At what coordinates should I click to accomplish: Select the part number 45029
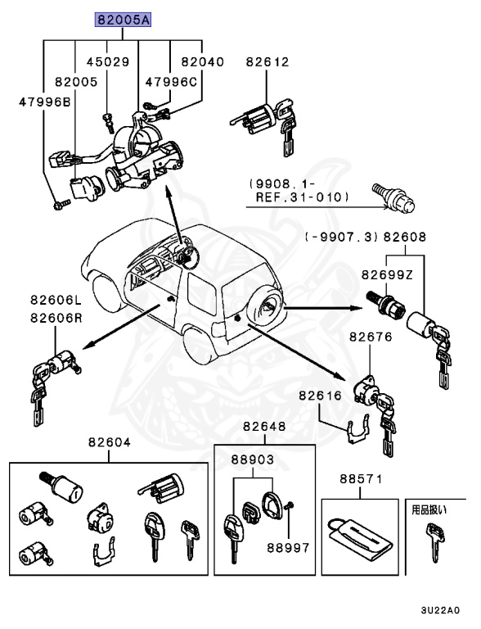[108, 61]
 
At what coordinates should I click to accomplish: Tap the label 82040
[202, 61]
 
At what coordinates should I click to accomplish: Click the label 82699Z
[389, 277]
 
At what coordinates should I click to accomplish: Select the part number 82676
[371, 337]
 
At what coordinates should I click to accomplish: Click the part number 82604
[109, 442]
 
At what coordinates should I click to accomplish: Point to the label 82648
[264, 427]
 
